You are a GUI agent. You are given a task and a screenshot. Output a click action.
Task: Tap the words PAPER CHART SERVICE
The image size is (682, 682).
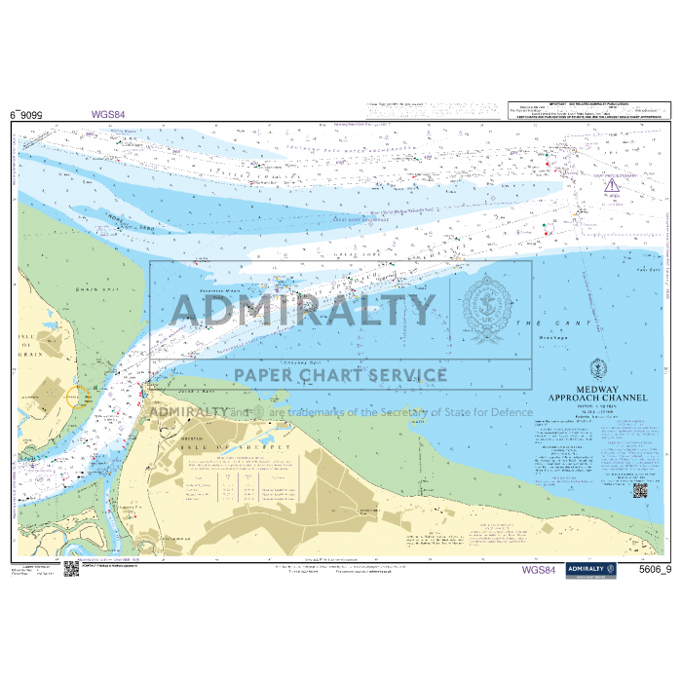(337, 375)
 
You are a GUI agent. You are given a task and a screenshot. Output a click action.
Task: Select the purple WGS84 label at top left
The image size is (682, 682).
(108, 114)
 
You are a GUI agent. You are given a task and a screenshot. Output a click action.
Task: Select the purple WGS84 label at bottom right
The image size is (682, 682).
(539, 570)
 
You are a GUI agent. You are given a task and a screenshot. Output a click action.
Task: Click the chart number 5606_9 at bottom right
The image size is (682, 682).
(651, 570)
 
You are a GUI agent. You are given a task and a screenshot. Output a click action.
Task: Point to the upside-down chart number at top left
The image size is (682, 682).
(26, 114)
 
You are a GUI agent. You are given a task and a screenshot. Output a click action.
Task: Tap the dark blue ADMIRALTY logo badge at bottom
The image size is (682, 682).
(592, 569)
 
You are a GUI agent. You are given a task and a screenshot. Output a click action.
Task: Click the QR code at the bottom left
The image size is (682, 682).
(71, 568)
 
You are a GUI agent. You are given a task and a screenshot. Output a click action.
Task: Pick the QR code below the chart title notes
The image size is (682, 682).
(639, 490)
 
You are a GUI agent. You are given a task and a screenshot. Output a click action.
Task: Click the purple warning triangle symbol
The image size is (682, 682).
(611, 185)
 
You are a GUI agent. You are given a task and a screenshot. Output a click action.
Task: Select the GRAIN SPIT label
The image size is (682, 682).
(90, 289)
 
